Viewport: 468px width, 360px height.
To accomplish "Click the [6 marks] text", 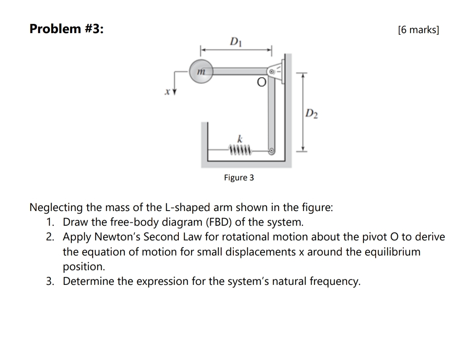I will [x=418, y=30].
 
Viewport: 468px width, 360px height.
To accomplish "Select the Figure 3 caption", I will [x=239, y=177].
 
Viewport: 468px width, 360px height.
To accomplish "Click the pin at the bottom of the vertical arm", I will [x=272, y=150].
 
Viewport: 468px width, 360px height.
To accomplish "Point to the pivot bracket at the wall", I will [x=276, y=72].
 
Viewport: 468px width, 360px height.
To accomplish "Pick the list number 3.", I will [x=50, y=281].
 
